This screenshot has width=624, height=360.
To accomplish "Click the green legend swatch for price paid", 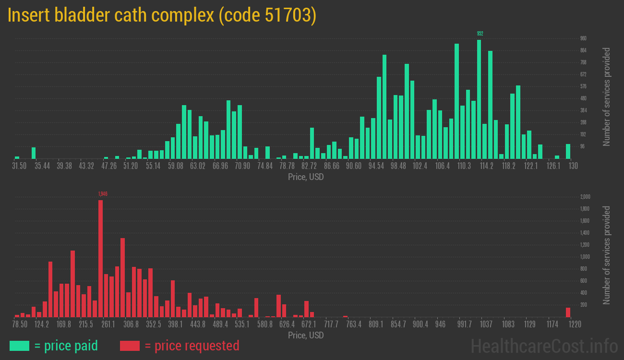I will coord(19,346).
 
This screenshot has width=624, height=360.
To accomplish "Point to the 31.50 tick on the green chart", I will coord(19,166).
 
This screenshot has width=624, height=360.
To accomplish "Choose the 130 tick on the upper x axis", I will coord(573,166).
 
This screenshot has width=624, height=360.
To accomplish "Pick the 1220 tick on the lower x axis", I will coord(575,324).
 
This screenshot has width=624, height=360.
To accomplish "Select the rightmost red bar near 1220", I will coord(568,312).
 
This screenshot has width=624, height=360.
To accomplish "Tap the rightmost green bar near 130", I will coord(568,151).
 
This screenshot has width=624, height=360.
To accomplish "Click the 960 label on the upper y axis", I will coord(584,38).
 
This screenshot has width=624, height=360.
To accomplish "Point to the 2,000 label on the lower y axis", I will coord(585,197).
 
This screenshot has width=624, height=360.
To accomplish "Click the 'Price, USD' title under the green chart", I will coord(306,177).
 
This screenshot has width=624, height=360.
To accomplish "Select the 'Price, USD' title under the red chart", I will coord(306,336).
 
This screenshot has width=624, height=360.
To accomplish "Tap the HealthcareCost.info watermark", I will coord(544,346).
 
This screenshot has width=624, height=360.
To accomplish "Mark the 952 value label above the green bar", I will coord(480,34).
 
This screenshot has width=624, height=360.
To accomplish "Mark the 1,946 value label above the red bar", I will coord(103,194).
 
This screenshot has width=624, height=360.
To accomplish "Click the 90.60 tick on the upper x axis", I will coord(354,166).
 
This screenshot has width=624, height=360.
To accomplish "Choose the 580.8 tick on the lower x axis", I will coord(265,324).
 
